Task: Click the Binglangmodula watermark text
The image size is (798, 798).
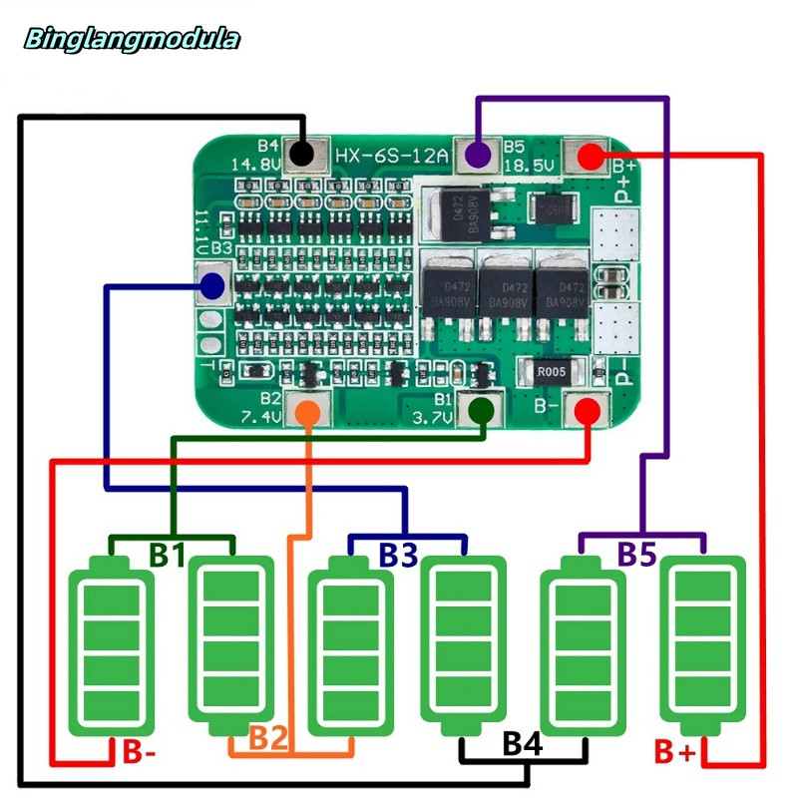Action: (x=132, y=40)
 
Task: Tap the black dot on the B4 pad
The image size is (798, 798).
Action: (x=303, y=154)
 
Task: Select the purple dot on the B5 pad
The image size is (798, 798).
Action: (x=479, y=155)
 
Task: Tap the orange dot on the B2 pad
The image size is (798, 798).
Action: (x=310, y=410)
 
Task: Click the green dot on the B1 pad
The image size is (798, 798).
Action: (x=481, y=411)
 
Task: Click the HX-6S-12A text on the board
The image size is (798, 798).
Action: (x=390, y=156)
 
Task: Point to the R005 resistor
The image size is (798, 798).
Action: (x=551, y=372)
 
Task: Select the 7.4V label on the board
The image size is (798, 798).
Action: (x=258, y=416)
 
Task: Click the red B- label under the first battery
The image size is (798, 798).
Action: (x=140, y=751)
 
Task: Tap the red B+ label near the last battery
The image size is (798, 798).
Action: (x=674, y=750)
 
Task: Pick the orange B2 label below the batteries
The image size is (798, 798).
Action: (x=267, y=739)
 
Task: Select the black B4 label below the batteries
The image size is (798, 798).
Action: (x=523, y=743)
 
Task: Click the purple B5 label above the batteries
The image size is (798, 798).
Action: (x=636, y=554)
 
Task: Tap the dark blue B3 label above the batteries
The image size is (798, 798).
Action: (x=397, y=556)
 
